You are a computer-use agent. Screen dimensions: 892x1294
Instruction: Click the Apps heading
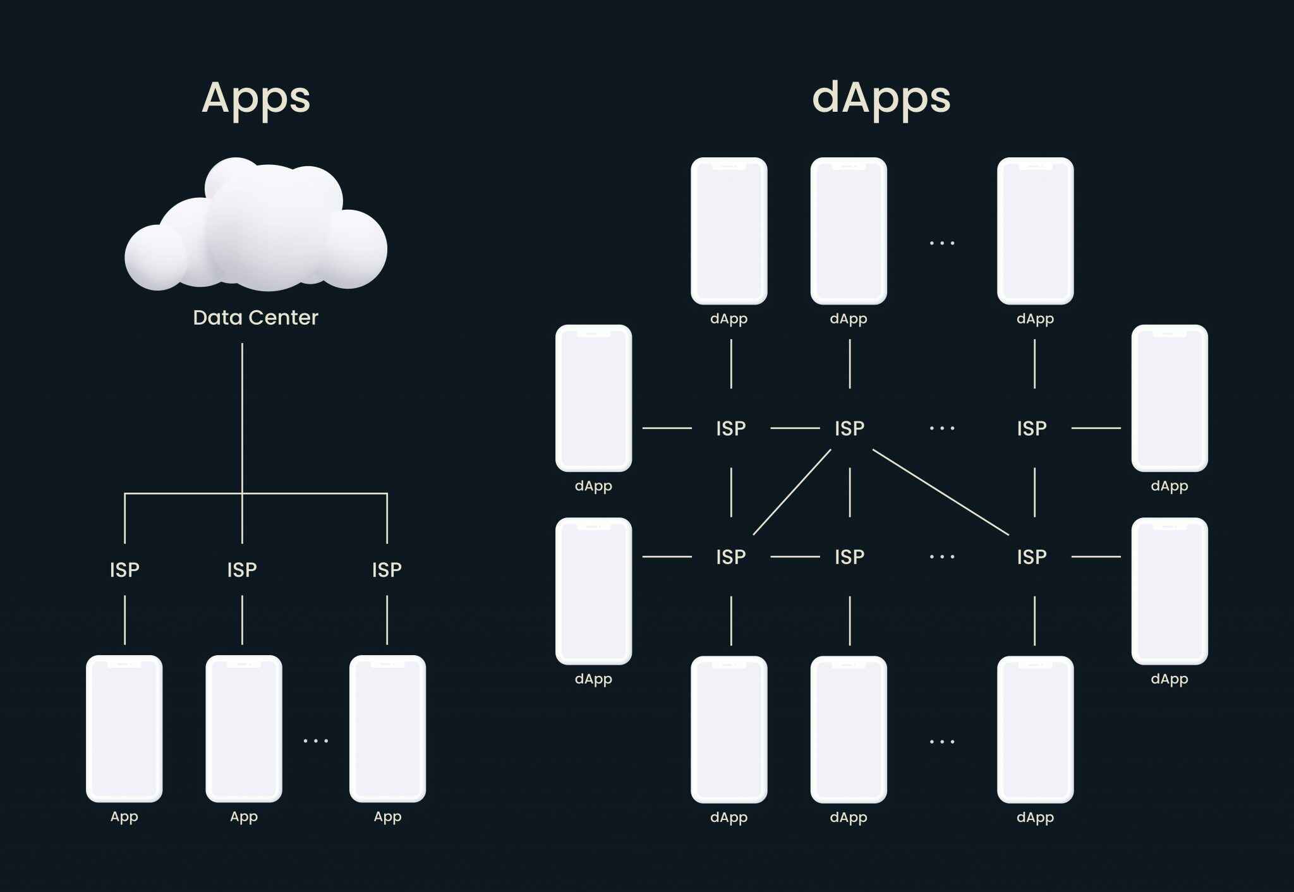pos(256,98)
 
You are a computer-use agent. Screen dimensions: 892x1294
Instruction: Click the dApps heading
pos(881,98)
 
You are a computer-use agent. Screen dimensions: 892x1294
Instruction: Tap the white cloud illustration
pos(256,227)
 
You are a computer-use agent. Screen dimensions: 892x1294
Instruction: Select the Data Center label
pos(255,317)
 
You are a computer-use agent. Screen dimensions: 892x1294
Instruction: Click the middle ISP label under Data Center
pos(242,570)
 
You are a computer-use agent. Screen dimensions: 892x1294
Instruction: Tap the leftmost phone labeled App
pos(124,728)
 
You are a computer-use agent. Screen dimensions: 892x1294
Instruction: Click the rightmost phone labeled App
pos(387,728)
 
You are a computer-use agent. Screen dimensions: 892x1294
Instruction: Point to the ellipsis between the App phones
pos(316,740)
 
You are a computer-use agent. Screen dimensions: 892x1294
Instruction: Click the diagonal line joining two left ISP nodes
pos(792,492)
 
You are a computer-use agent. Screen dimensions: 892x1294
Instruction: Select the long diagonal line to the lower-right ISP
pos(940,492)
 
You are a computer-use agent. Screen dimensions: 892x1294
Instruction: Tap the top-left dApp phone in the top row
pos(729,231)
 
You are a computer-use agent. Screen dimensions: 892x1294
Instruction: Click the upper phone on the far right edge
pos(1170,398)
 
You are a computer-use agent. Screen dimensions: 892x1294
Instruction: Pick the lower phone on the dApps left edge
pos(593,591)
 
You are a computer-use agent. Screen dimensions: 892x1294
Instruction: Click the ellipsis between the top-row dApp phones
pos(942,243)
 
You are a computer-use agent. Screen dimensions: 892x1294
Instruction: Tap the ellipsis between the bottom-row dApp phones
pos(942,742)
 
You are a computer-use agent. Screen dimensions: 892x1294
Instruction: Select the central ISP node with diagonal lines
pos(849,428)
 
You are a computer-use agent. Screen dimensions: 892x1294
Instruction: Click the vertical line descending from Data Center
pos(242,417)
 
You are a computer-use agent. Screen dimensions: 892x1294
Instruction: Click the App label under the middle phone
pos(244,817)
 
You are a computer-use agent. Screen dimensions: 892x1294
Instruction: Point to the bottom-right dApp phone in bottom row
pos(1035,730)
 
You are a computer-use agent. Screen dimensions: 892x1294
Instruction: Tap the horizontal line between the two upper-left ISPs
pos(795,428)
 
